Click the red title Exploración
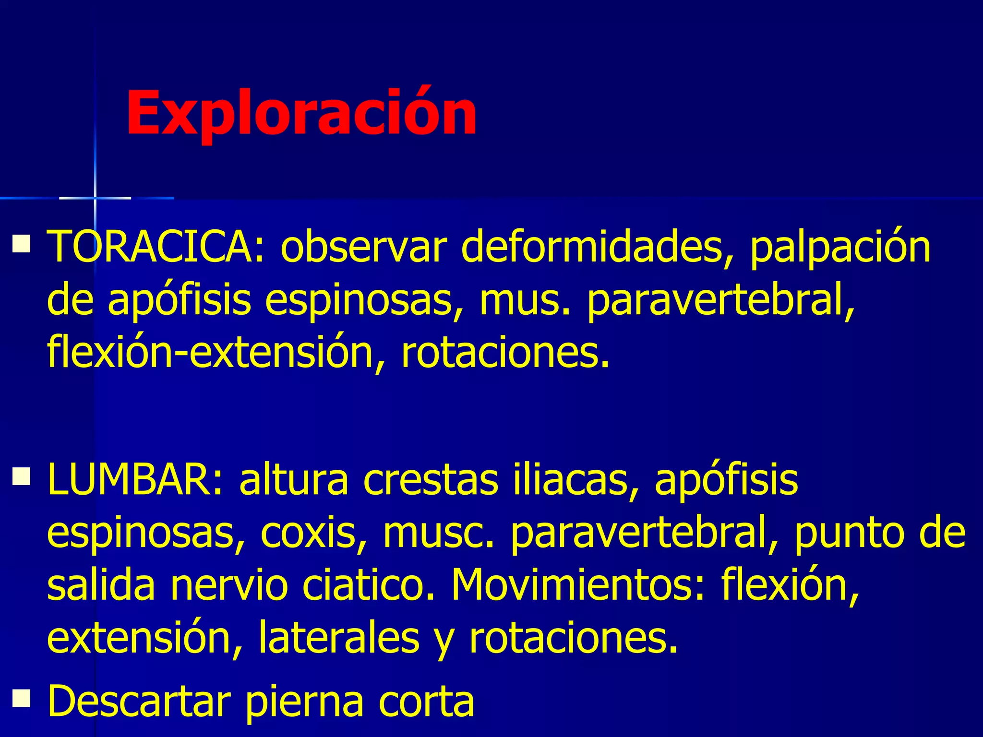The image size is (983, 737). coord(301,113)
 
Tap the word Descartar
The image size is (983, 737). coord(139,701)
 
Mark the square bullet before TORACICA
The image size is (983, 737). coord(22,243)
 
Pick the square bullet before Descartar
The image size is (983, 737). coord(22,698)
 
